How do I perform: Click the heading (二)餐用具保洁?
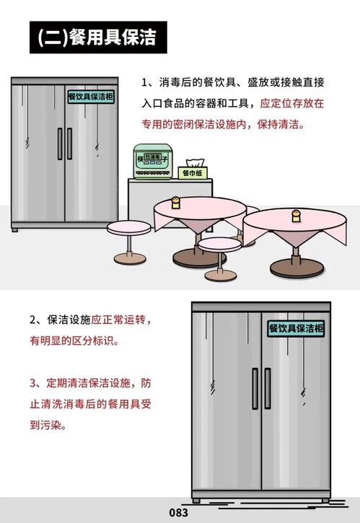[x=97, y=38]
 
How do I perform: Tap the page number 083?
[x=179, y=513]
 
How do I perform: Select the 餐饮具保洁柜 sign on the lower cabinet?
[x=296, y=328]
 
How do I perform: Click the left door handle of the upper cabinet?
[x=60, y=144]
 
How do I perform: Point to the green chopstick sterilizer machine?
[x=154, y=162]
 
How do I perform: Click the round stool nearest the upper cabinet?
[x=128, y=229]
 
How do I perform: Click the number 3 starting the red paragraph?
[x=33, y=383]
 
